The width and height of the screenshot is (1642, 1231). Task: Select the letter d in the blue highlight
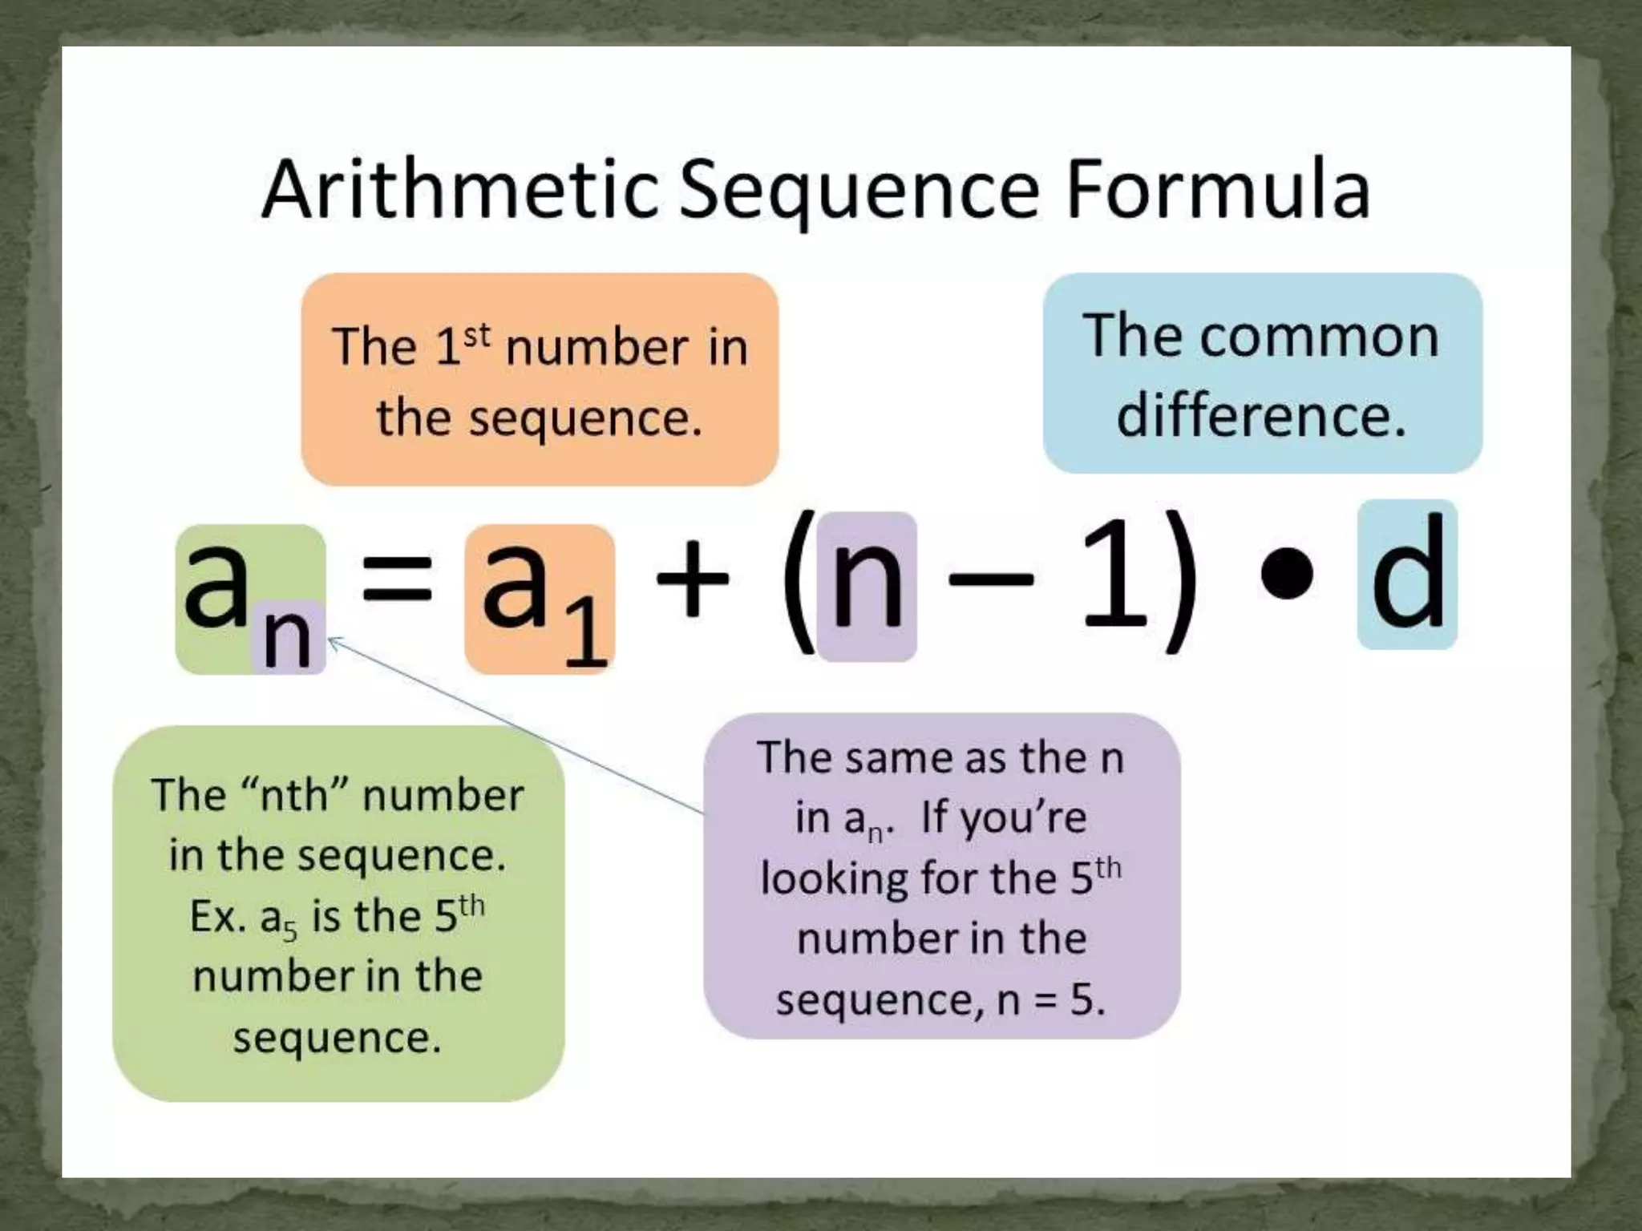click(1408, 574)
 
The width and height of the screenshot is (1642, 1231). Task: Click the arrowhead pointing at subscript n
click(334, 640)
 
